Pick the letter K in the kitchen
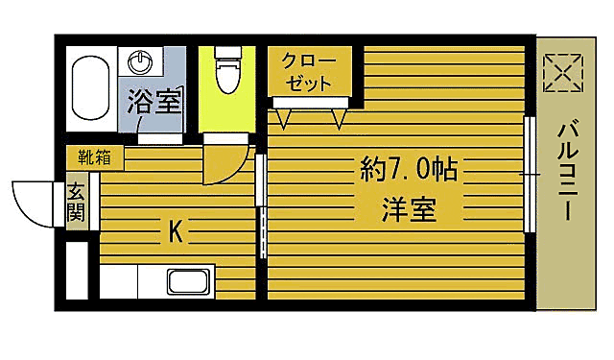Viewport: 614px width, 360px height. point(176,231)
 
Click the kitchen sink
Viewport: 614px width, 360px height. point(189,282)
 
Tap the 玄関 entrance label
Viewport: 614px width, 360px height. point(77,202)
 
